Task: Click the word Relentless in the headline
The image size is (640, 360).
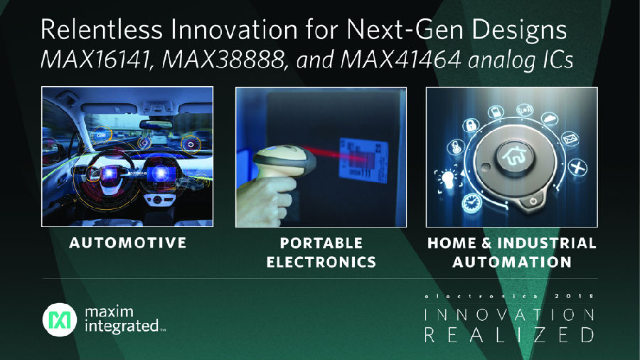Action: [x=102, y=29]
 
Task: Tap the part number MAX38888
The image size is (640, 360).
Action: [x=223, y=60]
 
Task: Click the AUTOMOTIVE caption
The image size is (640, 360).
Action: [x=128, y=243]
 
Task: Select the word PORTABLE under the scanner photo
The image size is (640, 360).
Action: [x=321, y=243]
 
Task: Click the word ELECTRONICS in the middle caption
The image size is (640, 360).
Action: [x=321, y=262]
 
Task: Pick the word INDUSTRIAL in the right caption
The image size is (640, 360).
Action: [x=547, y=243]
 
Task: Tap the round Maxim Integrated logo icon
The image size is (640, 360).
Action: [x=60, y=319]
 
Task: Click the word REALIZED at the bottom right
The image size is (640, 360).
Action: [x=509, y=334]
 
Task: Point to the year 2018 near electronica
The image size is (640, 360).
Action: [x=574, y=296]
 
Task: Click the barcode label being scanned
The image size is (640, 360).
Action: [x=363, y=160]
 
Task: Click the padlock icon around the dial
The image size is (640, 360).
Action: [x=471, y=125]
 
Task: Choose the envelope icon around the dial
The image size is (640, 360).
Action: [x=570, y=139]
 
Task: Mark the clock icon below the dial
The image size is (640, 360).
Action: [x=472, y=203]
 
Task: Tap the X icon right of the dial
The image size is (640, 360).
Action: [x=577, y=167]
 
